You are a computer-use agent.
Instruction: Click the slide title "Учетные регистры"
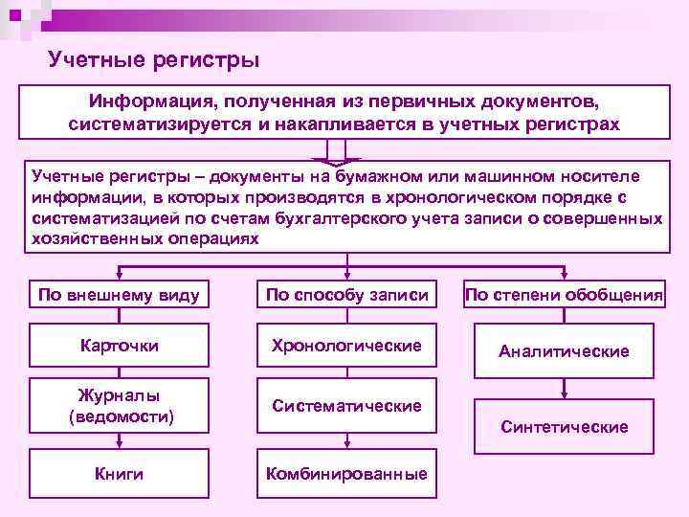tap(153, 61)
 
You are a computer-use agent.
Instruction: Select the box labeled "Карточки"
tap(120, 346)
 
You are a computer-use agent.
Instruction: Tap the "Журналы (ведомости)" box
tap(120, 406)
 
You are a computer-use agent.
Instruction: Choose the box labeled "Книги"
tap(120, 474)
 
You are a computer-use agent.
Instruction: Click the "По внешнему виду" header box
tap(120, 295)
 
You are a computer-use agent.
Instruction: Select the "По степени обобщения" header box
tap(565, 295)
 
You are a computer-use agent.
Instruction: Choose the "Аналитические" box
tap(565, 351)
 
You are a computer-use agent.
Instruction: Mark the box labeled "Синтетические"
tap(565, 427)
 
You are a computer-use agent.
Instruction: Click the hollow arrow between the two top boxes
tap(336, 152)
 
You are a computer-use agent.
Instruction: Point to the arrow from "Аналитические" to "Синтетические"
tap(565, 387)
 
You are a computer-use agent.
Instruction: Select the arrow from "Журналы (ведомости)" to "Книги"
tap(120, 440)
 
